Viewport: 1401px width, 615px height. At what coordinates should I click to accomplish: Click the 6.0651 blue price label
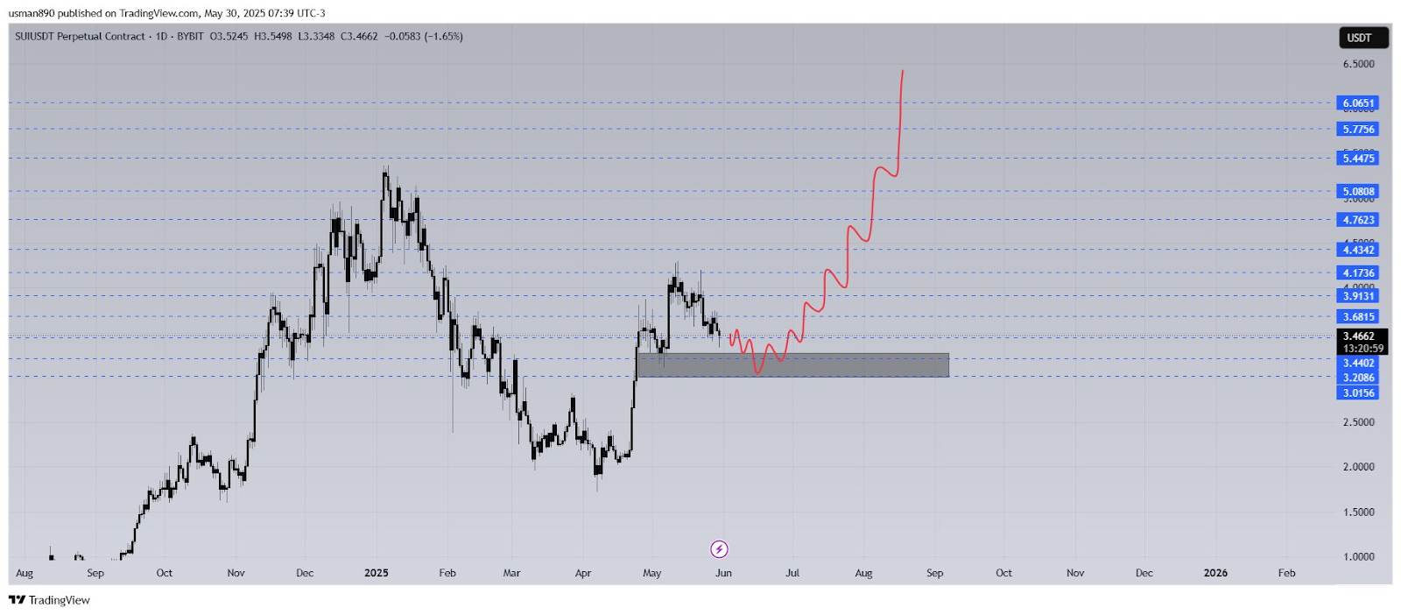click(1358, 103)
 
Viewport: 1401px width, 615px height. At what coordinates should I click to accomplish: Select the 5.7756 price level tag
click(1358, 130)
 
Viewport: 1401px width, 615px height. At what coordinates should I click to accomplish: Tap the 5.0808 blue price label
click(1358, 191)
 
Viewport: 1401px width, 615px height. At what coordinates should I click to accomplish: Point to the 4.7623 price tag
click(1358, 220)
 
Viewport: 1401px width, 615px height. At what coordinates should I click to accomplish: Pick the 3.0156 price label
click(1358, 393)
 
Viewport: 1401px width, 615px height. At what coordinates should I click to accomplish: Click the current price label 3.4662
click(1358, 336)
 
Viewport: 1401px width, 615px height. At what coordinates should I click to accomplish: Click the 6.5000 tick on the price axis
click(1358, 64)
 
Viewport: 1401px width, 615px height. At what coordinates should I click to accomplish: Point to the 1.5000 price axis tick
click(1358, 512)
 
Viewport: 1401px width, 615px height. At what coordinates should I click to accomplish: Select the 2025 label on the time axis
click(376, 573)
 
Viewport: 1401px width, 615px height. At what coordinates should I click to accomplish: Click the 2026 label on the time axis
click(1214, 573)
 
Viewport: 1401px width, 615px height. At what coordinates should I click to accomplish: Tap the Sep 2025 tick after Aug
click(934, 573)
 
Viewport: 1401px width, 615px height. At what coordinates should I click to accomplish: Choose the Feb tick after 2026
click(1285, 573)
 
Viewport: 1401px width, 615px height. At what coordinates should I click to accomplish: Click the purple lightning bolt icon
click(719, 549)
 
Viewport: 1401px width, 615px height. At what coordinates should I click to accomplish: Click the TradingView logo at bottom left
click(50, 600)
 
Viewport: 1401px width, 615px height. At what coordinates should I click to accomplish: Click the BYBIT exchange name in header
click(190, 37)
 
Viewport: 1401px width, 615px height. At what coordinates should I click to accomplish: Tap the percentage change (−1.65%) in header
click(444, 37)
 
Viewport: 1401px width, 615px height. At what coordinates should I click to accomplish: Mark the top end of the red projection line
click(903, 71)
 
